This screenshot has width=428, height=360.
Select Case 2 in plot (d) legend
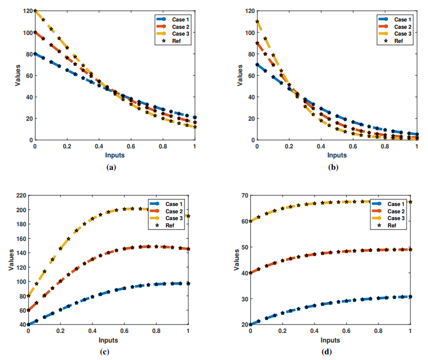(x=396, y=211)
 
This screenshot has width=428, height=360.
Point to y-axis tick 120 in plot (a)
(x=25, y=11)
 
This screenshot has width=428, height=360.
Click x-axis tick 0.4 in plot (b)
(x=321, y=146)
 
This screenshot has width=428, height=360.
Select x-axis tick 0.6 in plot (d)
(x=346, y=331)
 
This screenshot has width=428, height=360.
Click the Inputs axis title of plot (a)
(x=115, y=153)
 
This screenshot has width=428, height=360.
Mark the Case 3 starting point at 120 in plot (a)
(x=35, y=11)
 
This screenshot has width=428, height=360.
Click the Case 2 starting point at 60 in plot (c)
(x=28, y=310)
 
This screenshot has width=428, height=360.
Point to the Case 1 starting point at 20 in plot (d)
(x=250, y=324)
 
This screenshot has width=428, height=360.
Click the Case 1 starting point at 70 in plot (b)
(x=257, y=64)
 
